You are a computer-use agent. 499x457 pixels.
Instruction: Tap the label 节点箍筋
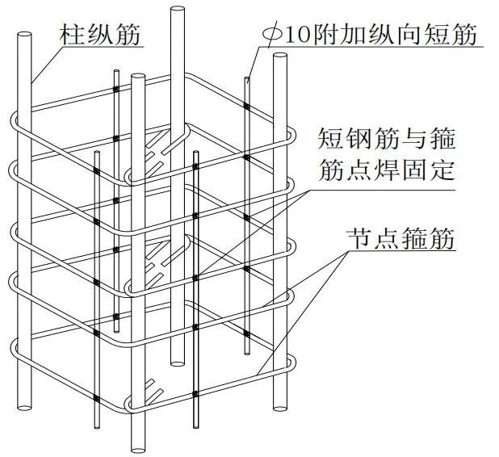click(400, 238)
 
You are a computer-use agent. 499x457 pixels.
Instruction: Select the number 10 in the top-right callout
click(299, 35)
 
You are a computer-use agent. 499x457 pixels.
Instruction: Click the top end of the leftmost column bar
click(24, 35)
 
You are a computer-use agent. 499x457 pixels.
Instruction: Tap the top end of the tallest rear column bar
click(178, 10)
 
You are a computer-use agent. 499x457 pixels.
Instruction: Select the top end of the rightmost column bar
click(280, 57)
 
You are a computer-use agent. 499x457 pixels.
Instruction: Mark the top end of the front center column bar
click(138, 77)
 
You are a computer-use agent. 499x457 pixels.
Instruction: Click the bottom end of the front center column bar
click(138, 450)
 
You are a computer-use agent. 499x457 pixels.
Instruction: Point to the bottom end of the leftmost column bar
click(24, 407)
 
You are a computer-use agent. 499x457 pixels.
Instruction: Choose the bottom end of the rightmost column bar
click(280, 408)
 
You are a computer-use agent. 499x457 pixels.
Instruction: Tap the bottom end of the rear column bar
click(178, 363)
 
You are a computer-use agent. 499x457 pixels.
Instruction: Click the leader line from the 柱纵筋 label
click(48, 65)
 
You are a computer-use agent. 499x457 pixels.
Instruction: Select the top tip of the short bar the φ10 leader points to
click(247, 78)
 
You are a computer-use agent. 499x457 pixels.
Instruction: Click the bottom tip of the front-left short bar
click(97, 427)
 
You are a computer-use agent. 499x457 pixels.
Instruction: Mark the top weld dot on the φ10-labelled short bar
click(247, 106)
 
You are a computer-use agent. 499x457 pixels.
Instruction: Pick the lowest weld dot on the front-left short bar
click(96, 398)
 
